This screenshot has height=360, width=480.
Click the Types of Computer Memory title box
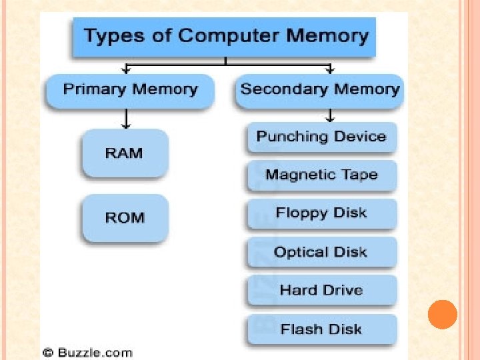[226, 36]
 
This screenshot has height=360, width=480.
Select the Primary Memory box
[130, 89]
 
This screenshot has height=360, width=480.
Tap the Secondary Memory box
[320, 89]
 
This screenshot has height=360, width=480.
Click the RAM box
[124, 153]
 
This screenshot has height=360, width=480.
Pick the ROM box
[125, 217]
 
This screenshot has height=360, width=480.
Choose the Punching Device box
[321, 137]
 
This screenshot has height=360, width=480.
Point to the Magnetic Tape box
[321, 175]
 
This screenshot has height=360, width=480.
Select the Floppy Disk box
[321, 213]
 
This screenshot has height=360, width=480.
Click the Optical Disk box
[321, 252]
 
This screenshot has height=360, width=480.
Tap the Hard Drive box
[321, 290]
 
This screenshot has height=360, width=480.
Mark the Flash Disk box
[321, 329]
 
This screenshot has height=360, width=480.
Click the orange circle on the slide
[442, 314]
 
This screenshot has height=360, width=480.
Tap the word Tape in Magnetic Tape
[360, 175]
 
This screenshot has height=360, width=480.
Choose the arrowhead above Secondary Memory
[328, 68]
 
